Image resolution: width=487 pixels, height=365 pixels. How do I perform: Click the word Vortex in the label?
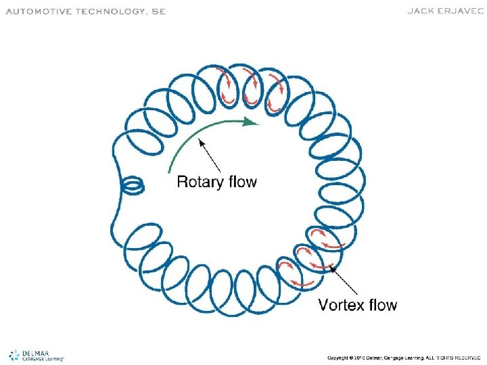(x=344, y=305)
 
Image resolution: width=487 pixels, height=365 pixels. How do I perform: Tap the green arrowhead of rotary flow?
(x=252, y=122)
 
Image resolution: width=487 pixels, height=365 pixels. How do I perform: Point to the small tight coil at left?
(x=131, y=184)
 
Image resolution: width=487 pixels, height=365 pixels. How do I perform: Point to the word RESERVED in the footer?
(x=466, y=357)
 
